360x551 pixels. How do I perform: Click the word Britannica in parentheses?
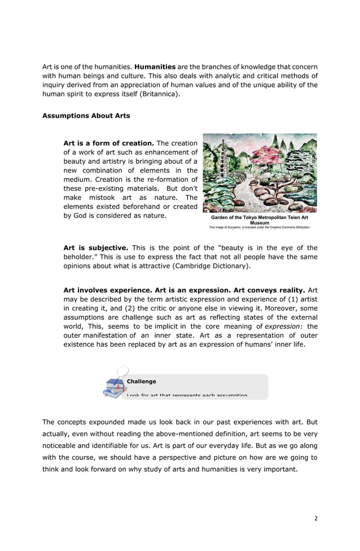pyautogui.click(x=159, y=94)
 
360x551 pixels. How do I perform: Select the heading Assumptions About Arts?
pyautogui.click(x=86, y=116)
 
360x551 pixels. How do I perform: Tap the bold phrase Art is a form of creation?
pyautogui.click(x=109, y=143)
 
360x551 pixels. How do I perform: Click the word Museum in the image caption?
pyautogui.click(x=260, y=223)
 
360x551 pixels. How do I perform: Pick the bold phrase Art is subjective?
pyautogui.click(x=96, y=247)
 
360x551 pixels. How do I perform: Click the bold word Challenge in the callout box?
pyautogui.click(x=142, y=382)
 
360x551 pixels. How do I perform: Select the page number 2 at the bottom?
pyautogui.click(x=317, y=516)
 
